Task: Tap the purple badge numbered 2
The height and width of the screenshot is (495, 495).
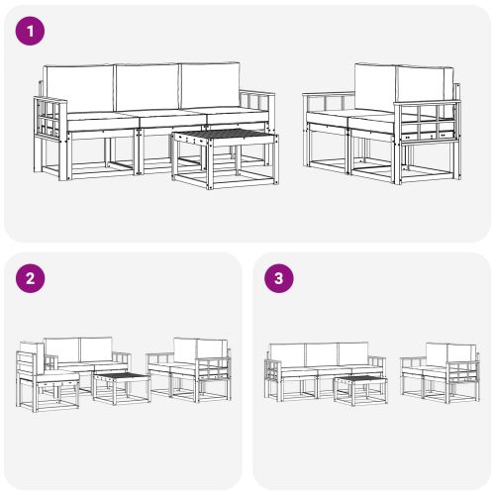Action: coord(33,278)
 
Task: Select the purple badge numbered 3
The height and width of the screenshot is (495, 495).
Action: coord(280,278)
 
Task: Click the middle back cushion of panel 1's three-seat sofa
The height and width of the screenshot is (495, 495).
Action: coord(146,88)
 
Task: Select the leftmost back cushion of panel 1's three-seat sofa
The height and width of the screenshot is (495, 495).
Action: coord(79,88)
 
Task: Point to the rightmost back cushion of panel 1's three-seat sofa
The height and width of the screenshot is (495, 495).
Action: coord(209,88)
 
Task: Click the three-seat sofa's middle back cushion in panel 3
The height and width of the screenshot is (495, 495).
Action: coord(321,354)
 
